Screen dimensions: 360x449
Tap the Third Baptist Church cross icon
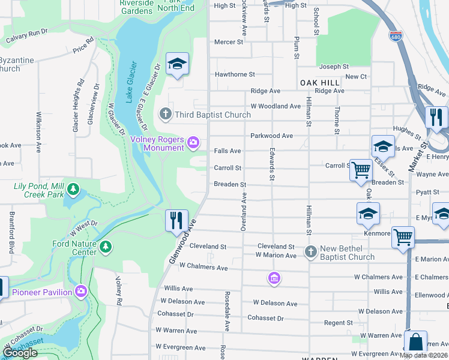point(165,114)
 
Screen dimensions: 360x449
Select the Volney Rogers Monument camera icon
point(194,142)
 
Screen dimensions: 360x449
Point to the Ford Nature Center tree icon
point(106,247)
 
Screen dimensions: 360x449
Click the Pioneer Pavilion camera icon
point(81,292)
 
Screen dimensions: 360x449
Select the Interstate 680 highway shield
point(395,37)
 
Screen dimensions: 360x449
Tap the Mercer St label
point(229,42)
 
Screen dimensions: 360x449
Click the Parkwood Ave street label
point(271,136)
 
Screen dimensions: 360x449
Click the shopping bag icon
point(415,343)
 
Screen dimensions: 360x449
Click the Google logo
point(20,353)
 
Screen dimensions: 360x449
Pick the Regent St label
point(338,323)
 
